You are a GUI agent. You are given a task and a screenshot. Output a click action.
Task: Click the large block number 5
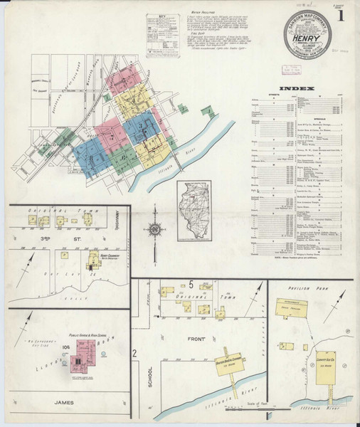coord(192,285)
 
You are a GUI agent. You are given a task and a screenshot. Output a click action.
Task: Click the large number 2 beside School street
coord(134,354)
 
